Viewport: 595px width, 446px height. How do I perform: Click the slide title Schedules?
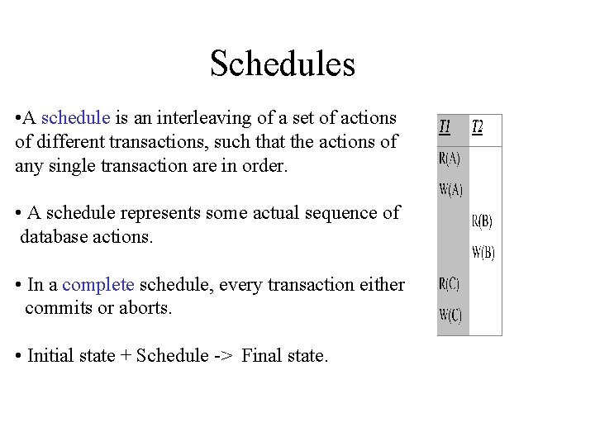pos(282,64)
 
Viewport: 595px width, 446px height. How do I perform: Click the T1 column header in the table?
pos(445,127)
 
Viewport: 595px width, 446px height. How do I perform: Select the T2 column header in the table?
pos(478,127)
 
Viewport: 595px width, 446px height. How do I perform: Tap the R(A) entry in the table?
pos(450,159)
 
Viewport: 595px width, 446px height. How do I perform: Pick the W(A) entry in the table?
pos(451,190)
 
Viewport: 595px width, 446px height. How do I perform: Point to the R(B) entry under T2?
pos(483,221)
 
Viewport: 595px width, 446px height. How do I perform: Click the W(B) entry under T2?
pos(483,253)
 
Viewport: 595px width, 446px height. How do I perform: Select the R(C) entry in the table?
pos(450,283)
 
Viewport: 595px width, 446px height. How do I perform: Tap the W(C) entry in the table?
pos(451,315)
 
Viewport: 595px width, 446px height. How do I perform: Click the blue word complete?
pos(98,285)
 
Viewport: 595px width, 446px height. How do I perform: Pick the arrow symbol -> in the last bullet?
pos(225,356)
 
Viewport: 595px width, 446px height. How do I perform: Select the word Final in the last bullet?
pos(263,356)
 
